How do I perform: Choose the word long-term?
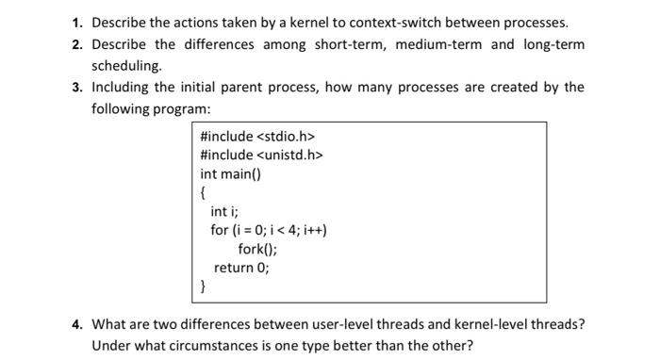coord(553,44)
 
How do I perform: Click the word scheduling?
coord(126,66)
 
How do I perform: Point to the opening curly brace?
coord(204,193)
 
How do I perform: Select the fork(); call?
coord(257,249)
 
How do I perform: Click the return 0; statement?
coord(241,268)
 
